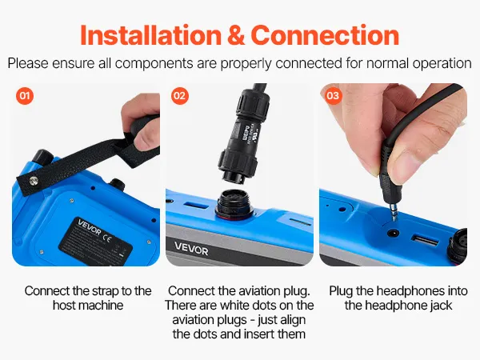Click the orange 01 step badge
coord(25,96)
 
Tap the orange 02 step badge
coord(180,96)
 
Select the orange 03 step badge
coord(333,96)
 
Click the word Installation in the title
coord(150,35)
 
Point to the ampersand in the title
coord(235,35)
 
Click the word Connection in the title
coord(325,35)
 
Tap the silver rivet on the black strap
coord(34,182)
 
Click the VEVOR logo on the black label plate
coord(89,227)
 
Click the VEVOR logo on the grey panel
coord(191,249)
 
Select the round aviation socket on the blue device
coord(234,204)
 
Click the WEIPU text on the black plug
coord(246,132)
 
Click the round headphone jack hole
coord(394,234)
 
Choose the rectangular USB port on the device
coord(426,241)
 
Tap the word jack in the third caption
coord(439,306)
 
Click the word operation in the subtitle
coord(442,63)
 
